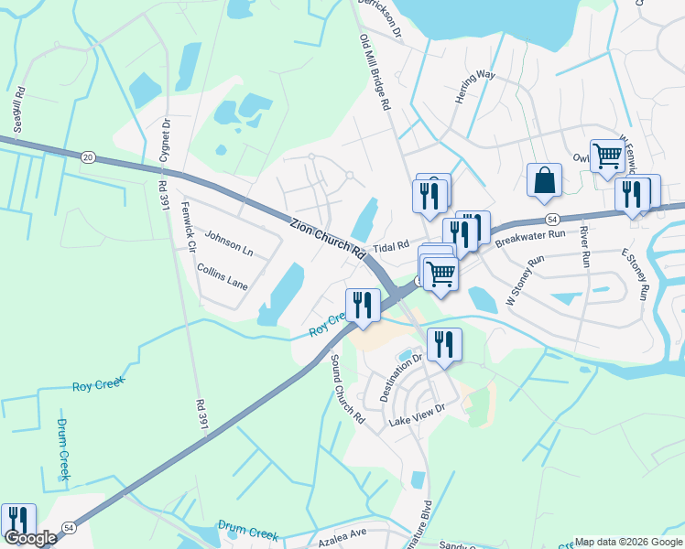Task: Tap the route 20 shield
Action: click(x=88, y=157)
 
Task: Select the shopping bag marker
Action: click(x=544, y=180)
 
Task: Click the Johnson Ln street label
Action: click(x=228, y=243)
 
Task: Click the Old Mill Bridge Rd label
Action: click(x=375, y=73)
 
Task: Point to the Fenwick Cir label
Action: click(x=189, y=228)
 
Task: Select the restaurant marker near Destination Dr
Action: click(x=444, y=345)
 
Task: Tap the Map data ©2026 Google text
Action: click(x=628, y=542)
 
